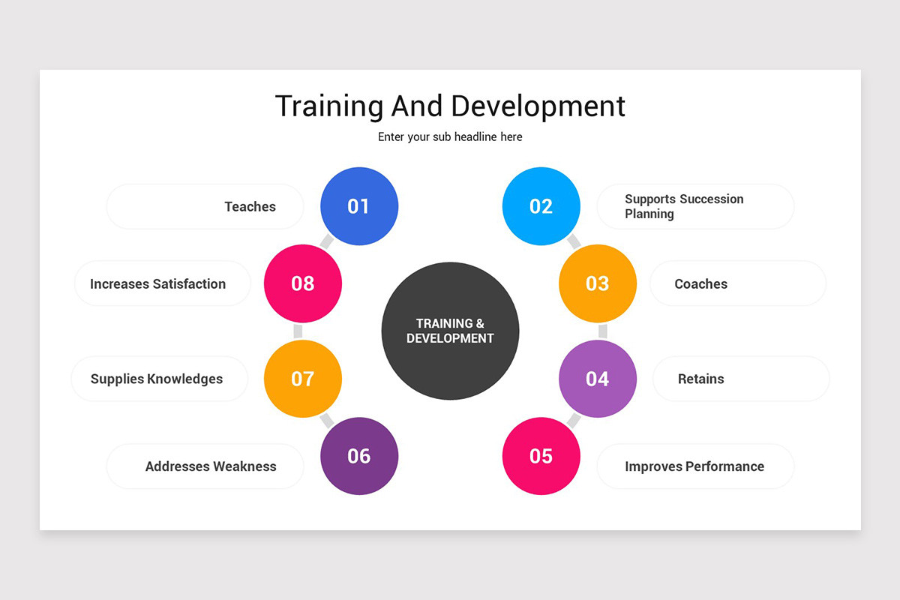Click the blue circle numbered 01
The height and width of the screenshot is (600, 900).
[x=359, y=206]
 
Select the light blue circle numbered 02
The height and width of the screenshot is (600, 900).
[x=541, y=206]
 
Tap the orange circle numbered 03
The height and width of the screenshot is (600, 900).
[x=598, y=283]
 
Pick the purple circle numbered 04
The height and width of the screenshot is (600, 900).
[x=598, y=379]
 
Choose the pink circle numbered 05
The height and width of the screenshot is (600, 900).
[x=541, y=456]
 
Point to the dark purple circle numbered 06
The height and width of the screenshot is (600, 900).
[x=359, y=456]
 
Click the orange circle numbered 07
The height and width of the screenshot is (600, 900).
[x=303, y=379]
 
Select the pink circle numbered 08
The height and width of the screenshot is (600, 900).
[x=303, y=283]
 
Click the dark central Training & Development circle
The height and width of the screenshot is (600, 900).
[x=450, y=331]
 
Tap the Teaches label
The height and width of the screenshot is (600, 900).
[x=250, y=207]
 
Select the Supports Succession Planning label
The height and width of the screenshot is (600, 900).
[x=684, y=206]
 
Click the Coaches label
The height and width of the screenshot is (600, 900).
[x=700, y=284]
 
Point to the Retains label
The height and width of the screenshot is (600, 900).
[x=700, y=379]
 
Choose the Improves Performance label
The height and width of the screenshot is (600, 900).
[x=694, y=466]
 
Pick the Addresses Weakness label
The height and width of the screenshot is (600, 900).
[x=211, y=466]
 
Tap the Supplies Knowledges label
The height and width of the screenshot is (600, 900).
[x=157, y=379]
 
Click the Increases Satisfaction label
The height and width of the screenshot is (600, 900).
[x=157, y=284]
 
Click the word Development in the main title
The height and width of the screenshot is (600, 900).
[x=538, y=106]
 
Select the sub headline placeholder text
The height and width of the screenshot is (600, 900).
[x=450, y=137]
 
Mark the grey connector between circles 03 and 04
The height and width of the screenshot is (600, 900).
[x=602, y=331]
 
